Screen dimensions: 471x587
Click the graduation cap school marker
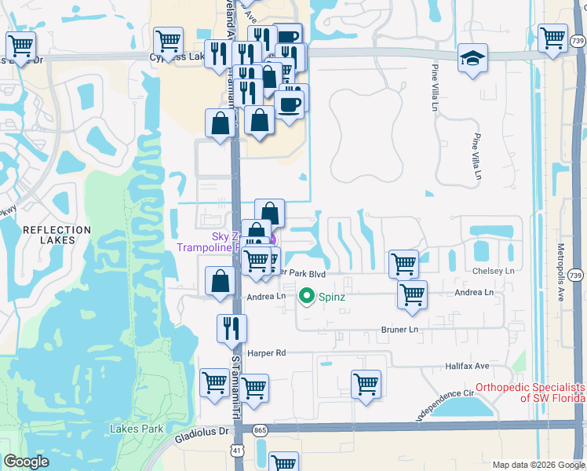tap(472, 60)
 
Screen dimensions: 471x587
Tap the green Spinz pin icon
tap(306, 297)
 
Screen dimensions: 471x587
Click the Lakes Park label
tap(137, 429)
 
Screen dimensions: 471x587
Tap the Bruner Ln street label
tap(400, 330)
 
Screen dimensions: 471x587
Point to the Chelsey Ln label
tap(493, 271)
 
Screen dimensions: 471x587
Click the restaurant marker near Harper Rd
tap(232, 328)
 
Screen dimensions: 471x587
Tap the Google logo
tap(26, 462)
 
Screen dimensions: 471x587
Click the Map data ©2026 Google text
tap(538, 465)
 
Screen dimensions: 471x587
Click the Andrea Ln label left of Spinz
tap(266, 297)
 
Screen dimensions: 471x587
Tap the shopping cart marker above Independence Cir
tap(366, 384)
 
